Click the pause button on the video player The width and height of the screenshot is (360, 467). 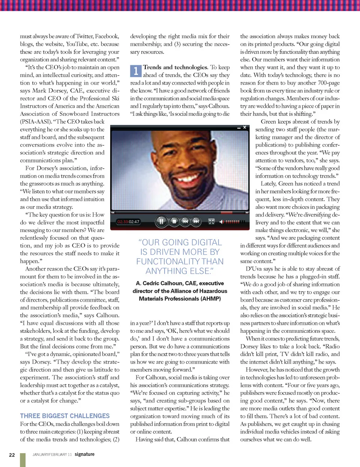[x=161, y=222]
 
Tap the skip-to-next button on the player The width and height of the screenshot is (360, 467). [x=196, y=222]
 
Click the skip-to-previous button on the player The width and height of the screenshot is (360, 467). [x=185, y=222]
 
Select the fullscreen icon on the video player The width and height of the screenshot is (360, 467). [x=211, y=222]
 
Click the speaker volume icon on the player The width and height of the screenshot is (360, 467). [x=221, y=222]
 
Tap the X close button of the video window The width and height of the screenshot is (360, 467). [x=245, y=127]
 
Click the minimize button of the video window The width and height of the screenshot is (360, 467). [x=239, y=128]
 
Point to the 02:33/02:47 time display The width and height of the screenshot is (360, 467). [x=128, y=222]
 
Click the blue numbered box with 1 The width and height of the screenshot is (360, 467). [x=135, y=71]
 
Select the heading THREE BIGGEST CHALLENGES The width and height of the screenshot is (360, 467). [x=65, y=416]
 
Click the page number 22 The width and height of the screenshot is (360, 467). [x=12, y=455]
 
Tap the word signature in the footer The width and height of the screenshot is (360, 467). [x=84, y=454]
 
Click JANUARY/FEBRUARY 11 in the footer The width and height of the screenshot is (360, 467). [x=52, y=455]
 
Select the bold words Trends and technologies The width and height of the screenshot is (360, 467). [x=175, y=67]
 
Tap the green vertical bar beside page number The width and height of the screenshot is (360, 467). [x=23, y=460]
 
